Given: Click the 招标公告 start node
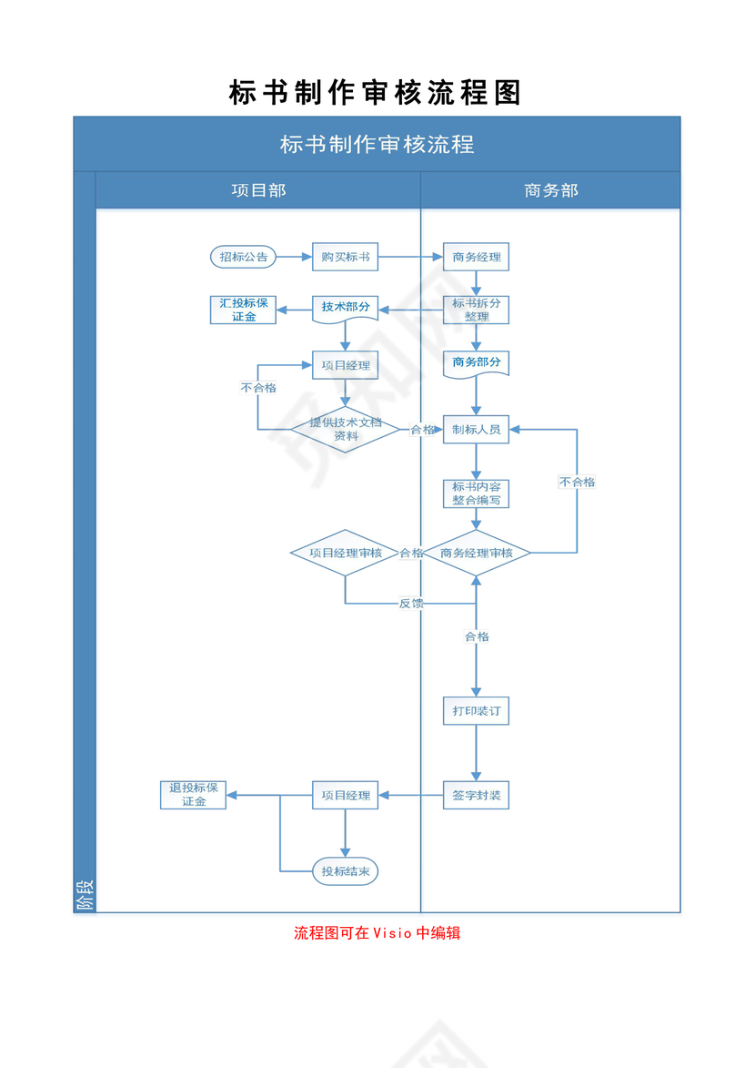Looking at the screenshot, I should click(244, 258).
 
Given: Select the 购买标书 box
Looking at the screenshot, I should click(345, 258).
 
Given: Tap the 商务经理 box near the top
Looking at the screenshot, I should click(476, 258).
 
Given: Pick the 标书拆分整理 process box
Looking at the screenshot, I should click(476, 310).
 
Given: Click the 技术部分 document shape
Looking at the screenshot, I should click(345, 309).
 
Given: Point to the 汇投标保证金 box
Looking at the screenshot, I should click(244, 310).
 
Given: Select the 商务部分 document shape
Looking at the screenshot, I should click(476, 362).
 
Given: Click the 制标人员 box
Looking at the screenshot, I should click(476, 430).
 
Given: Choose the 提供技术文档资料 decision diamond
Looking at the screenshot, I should click(345, 429).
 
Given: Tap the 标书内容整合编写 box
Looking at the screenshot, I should click(476, 493).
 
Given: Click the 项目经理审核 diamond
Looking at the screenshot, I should click(345, 553).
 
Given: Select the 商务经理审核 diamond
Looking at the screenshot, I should click(476, 553).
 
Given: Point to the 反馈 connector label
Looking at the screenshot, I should click(411, 604).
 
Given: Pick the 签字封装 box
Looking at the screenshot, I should click(476, 795).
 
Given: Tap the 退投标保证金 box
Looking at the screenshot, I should click(193, 795).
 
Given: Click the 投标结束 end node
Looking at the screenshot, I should click(345, 871).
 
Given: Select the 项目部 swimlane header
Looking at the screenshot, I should click(258, 190).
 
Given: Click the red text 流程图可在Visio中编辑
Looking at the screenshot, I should click(377, 933).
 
